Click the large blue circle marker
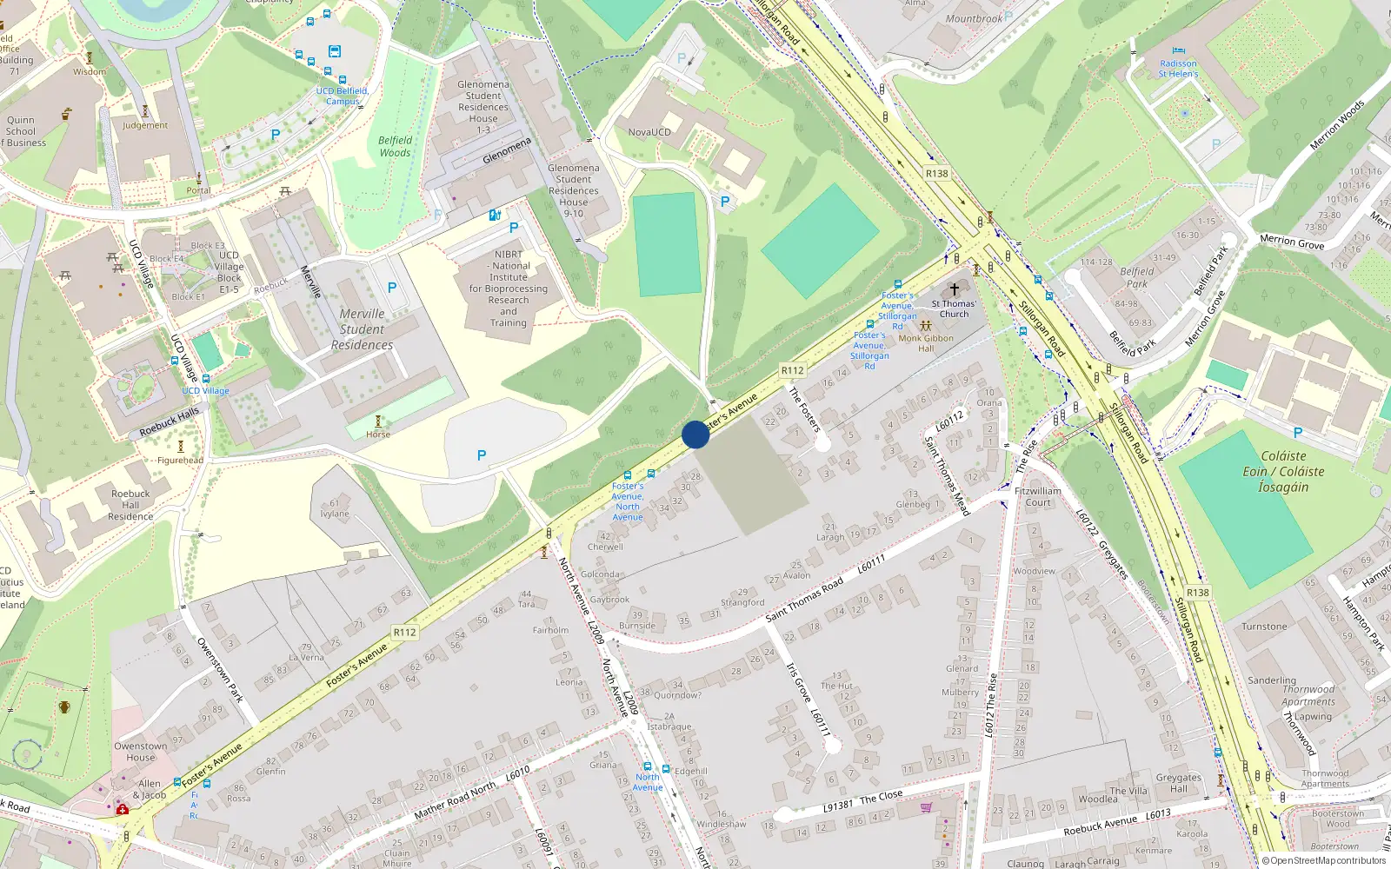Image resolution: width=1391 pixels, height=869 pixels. tap(695, 434)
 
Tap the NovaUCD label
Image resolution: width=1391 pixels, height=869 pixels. tap(649, 132)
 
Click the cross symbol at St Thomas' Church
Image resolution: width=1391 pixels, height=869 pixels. tap(954, 289)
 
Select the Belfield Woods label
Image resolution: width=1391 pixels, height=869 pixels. tap(395, 146)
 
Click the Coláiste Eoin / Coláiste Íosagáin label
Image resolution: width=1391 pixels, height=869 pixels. tap(1283, 471)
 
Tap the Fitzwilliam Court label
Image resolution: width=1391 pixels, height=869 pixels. tap(1038, 496)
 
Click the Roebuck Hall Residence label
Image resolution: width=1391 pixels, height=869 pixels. tap(130, 505)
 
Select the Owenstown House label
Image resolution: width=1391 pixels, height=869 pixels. tap(141, 752)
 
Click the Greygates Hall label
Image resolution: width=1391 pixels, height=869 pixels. tap(1178, 783)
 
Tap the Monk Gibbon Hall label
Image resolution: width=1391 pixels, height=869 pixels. tap(926, 343)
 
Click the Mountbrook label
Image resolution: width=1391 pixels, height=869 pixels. tap(974, 18)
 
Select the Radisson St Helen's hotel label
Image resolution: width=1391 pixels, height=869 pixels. tap(1178, 69)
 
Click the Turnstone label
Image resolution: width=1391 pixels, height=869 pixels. tap(1264, 627)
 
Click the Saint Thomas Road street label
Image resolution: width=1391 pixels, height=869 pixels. tap(804, 600)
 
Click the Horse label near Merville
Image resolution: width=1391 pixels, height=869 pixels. tap(378, 434)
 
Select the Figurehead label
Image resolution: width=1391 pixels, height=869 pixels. tap(181, 461)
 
